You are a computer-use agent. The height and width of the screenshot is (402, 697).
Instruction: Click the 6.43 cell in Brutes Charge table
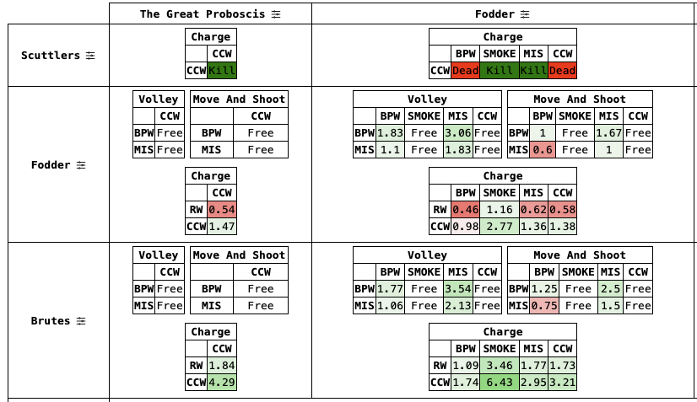pyautogui.click(x=499, y=383)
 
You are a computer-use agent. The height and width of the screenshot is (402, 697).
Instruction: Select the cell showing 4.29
pyautogui.click(x=222, y=383)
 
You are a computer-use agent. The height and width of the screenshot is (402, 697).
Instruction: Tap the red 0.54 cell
pyautogui.click(x=222, y=210)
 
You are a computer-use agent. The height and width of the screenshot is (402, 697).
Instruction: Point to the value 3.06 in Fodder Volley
pyautogui.click(x=457, y=132)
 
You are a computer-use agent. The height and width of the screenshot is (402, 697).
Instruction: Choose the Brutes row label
pyautogui.click(x=51, y=321)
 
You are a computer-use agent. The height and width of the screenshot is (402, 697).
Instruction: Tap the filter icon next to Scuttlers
pyautogui.click(x=91, y=56)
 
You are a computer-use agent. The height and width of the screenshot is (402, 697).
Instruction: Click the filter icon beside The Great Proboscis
pyautogui.click(x=276, y=13)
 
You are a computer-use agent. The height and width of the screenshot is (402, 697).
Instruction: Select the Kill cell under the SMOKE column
pyautogui.click(x=499, y=71)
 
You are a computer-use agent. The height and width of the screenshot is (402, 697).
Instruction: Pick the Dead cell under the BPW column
pyautogui.click(x=466, y=71)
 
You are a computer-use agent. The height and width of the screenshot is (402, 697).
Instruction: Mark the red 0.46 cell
pyautogui.click(x=466, y=210)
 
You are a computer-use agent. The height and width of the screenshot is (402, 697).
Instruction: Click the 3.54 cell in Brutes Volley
pyautogui.click(x=457, y=288)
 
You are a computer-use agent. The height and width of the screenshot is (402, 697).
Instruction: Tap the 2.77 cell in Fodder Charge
pyautogui.click(x=499, y=227)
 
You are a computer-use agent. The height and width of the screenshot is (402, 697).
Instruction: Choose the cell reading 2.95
pyautogui.click(x=532, y=383)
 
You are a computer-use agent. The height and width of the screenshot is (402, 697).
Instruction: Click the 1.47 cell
pyautogui.click(x=222, y=227)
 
